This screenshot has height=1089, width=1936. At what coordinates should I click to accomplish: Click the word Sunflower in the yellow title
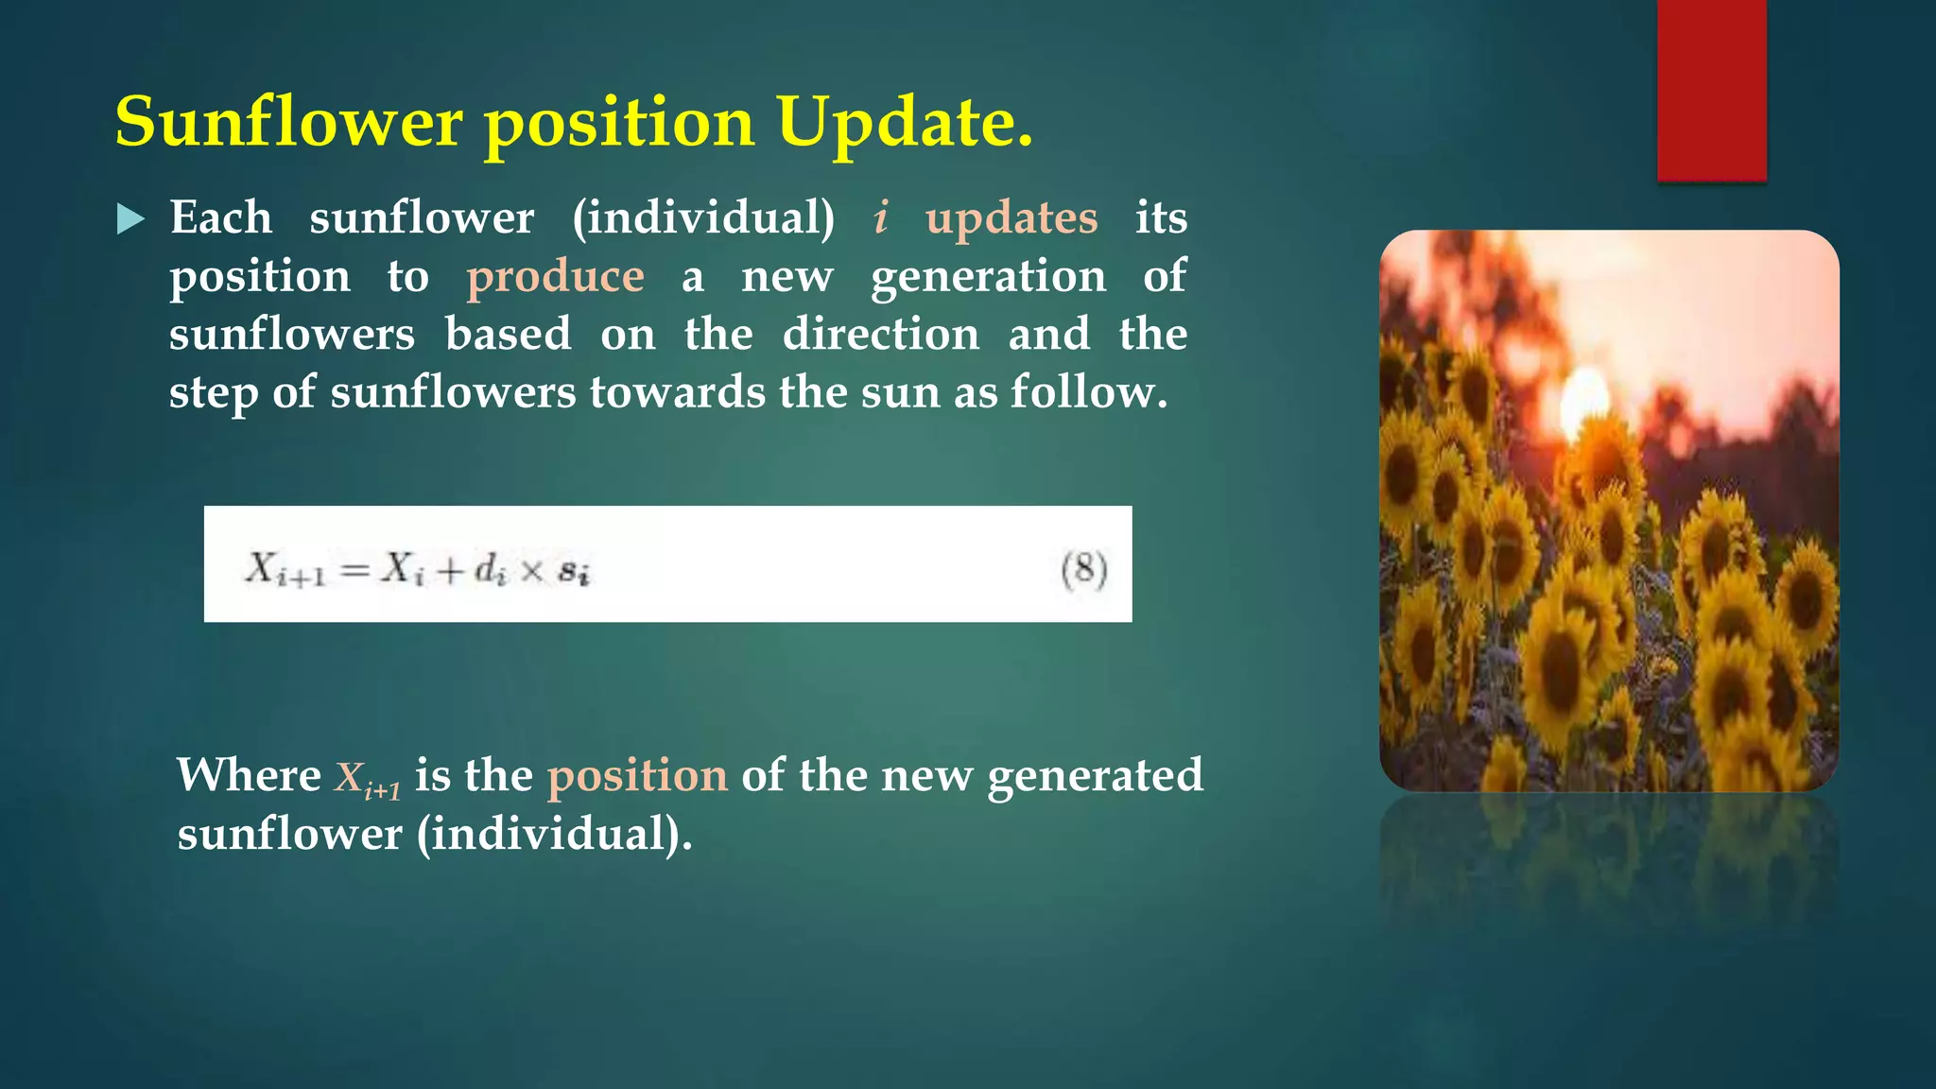point(289,123)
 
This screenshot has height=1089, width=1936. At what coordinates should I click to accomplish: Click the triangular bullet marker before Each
point(130,219)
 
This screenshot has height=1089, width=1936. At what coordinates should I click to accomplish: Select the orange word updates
point(1011,219)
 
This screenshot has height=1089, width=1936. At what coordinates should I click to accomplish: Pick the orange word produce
point(555,277)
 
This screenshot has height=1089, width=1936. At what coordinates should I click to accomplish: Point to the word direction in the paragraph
point(880,335)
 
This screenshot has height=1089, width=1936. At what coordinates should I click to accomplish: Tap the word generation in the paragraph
point(988,277)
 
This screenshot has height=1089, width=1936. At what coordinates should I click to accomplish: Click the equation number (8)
point(1083,570)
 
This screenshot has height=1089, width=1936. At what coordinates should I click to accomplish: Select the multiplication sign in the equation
point(532,571)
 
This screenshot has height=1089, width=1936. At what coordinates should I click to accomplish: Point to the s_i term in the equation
point(574,572)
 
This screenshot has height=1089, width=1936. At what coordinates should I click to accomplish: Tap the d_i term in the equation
point(490,570)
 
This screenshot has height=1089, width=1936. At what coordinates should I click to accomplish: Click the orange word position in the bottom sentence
point(637,776)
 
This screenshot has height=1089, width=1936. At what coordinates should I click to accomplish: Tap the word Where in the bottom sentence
point(249,776)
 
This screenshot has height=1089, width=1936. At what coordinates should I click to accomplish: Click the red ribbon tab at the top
point(1711,90)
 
